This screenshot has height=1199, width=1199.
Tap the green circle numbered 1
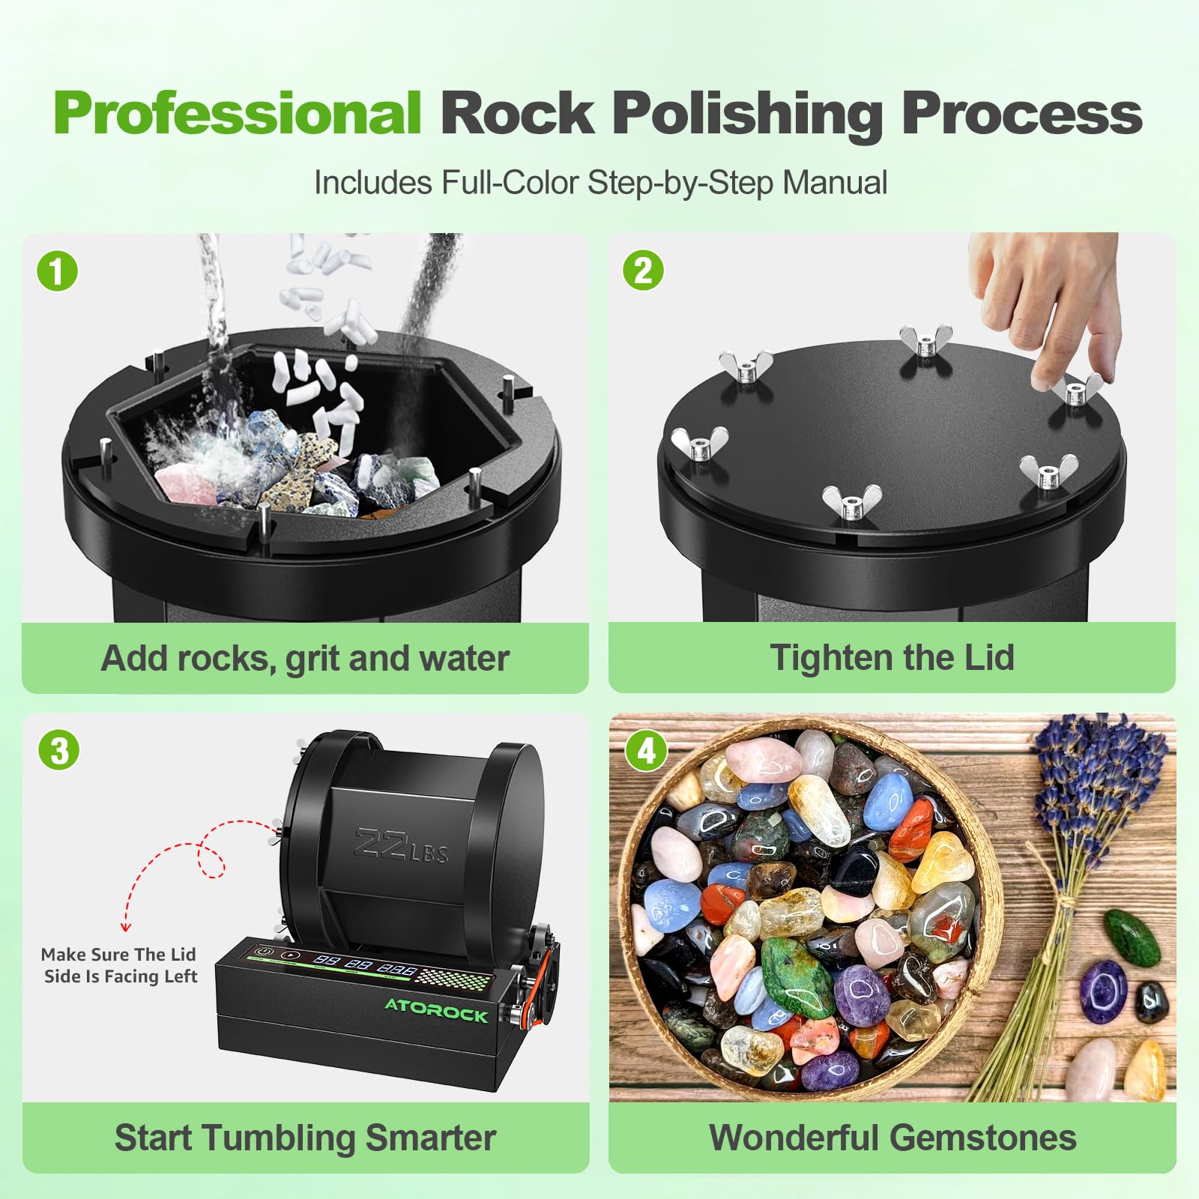tap(58, 271)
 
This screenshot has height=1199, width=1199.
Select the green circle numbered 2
tap(643, 271)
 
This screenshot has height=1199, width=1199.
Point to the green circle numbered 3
tap(59, 750)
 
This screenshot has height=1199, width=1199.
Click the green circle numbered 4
tap(646, 750)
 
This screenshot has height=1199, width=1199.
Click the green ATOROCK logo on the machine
tap(436, 1009)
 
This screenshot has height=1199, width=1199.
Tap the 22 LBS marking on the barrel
tap(401, 846)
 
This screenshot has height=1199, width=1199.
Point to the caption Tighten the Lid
tap(892, 658)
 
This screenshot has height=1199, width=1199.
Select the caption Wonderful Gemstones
tap(893, 1138)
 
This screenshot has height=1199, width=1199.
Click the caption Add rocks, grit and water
tap(305, 659)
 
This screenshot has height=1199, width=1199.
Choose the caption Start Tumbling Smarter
tap(305, 1138)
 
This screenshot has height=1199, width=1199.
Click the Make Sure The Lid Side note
tap(120, 965)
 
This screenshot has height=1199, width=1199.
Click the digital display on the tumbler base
tap(366, 964)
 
